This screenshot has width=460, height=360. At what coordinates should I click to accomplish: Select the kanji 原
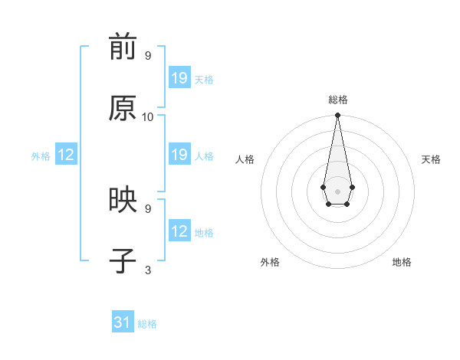click(x=123, y=110)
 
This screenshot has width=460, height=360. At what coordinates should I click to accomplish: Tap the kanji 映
click(x=123, y=201)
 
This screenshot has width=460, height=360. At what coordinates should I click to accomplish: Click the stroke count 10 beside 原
click(x=148, y=117)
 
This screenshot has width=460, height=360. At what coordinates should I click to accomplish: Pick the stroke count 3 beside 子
click(x=148, y=270)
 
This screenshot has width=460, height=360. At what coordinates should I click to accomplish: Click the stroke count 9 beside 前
click(x=148, y=56)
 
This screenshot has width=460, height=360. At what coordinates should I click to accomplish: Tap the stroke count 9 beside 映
click(x=148, y=208)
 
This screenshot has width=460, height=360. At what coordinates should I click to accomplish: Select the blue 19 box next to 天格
click(x=179, y=78)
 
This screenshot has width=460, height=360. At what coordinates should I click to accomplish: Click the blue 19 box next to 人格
click(x=179, y=155)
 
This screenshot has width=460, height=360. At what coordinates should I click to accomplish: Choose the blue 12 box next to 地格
click(x=179, y=231)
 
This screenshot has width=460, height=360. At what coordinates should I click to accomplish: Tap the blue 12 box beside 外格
click(x=66, y=155)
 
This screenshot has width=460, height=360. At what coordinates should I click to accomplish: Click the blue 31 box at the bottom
click(x=123, y=322)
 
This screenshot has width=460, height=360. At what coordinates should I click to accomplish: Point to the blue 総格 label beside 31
click(x=147, y=324)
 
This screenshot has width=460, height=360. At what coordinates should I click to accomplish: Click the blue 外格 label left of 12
click(x=41, y=156)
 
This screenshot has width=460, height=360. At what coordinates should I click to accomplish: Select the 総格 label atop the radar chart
click(x=337, y=100)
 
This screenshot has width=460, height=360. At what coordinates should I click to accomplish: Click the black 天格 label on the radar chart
click(x=432, y=159)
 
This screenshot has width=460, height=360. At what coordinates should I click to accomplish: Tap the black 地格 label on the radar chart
click(x=402, y=262)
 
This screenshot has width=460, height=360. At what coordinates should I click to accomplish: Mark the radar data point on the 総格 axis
click(x=337, y=116)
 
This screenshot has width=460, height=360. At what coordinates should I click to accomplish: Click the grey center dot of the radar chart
click(x=337, y=190)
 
